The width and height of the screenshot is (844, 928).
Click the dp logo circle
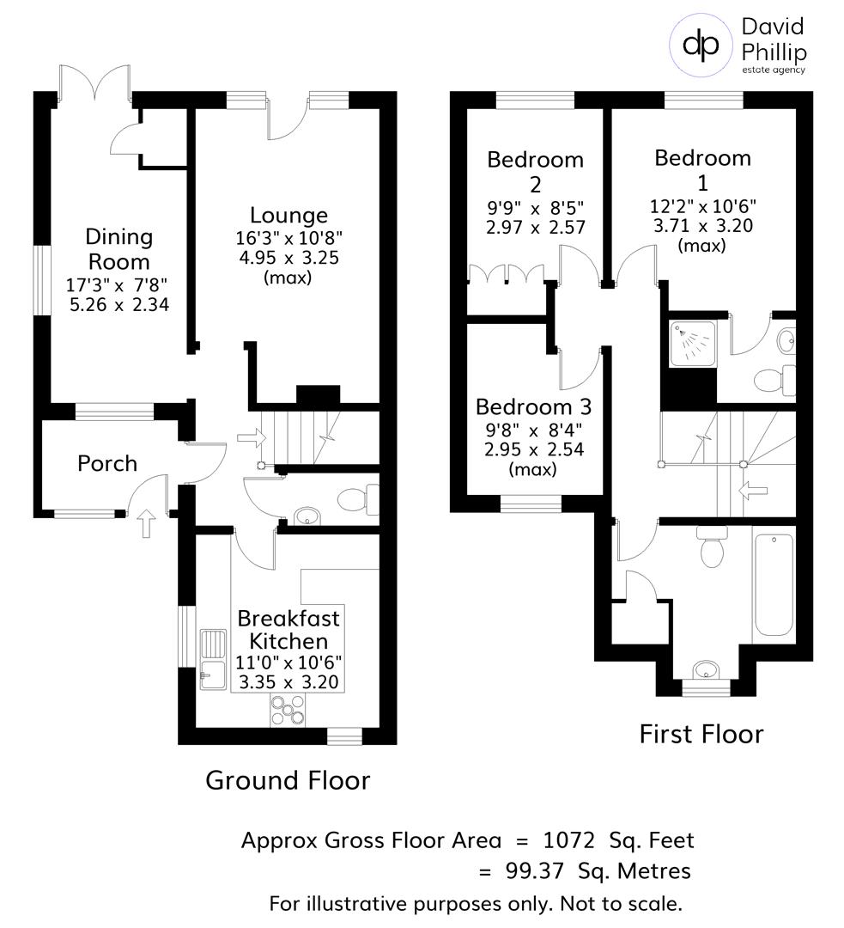(700, 46)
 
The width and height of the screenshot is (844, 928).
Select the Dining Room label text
(118, 248)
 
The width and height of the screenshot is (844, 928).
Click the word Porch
(107, 464)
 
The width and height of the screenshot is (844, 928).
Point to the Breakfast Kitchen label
(288, 630)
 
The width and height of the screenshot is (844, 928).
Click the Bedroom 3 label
(533, 406)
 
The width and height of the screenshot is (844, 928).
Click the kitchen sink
(211, 657)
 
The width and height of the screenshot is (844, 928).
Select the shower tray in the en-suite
(692, 343)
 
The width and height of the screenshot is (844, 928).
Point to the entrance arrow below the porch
(145, 522)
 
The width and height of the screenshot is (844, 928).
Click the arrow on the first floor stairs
(752, 491)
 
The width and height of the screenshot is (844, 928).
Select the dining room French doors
(94, 82)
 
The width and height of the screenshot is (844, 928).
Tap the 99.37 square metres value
(533, 871)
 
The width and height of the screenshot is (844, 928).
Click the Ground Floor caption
(288, 780)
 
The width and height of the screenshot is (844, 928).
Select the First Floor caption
(701, 735)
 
